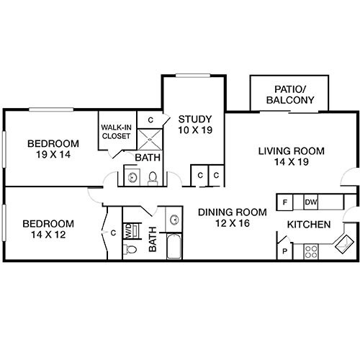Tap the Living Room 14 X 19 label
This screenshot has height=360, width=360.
292,156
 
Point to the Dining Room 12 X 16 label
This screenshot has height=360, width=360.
233,217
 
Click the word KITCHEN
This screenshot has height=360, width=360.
309,225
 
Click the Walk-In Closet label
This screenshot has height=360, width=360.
115,132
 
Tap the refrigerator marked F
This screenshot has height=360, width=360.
286,202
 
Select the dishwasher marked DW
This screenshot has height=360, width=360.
311,202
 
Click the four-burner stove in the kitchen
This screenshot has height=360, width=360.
312,251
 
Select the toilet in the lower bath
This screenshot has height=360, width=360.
130,250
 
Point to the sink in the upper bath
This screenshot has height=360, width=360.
132,176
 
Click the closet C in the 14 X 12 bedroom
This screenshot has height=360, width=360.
113,233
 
